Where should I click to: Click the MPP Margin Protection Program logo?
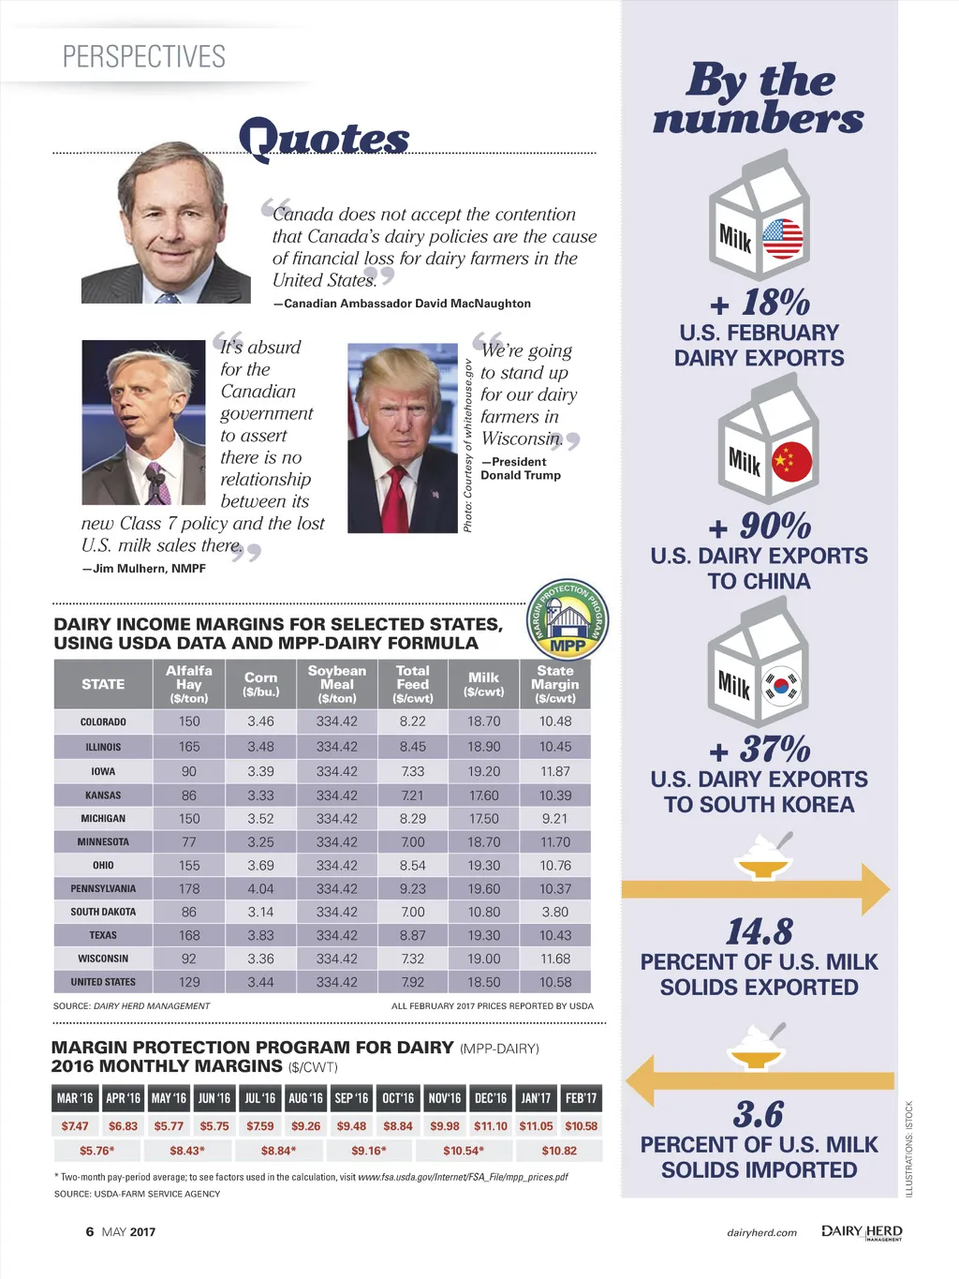(x=568, y=619)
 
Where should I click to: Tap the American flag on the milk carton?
(x=783, y=239)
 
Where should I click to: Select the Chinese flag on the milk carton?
(x=791, y=462)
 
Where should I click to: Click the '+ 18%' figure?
(x=760, y=303)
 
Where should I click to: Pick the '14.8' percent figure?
(x=760, y=931)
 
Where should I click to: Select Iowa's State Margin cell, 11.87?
(x=555, y=771)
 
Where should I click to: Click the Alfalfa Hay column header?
(x=189, y=684)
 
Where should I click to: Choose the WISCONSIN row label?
(x=103, y=959)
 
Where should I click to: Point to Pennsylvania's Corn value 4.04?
(x=260, y=888)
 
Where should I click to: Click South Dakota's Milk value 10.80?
(x=484, y=912)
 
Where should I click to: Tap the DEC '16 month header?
(x=490, y=1098)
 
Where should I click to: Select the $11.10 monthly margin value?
(x=491, y=1126)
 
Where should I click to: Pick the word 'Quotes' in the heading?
(x=324, y=139)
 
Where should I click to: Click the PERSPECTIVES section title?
(x=144, y=56)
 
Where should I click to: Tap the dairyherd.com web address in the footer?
(x=761, y=1232)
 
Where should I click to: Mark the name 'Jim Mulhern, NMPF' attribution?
(x=144, y=568)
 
